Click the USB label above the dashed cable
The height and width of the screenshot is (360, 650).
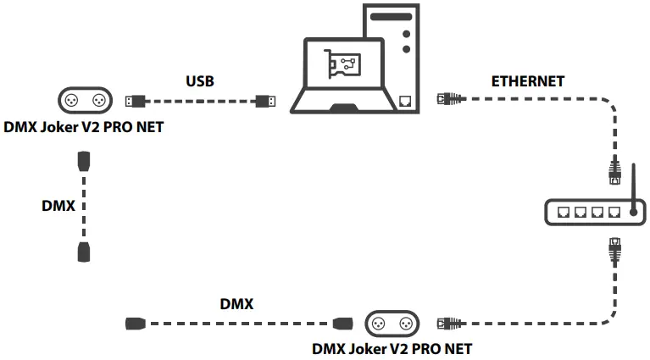tap(200, 82)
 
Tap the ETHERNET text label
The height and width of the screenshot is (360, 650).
tap(528, 81)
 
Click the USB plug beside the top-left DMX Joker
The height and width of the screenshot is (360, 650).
tap(134, 101)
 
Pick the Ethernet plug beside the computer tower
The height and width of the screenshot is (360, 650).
tap(445, 99)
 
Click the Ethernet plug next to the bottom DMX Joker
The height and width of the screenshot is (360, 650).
tap(446, 323)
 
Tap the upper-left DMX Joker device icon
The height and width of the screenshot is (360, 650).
tap(86, 101)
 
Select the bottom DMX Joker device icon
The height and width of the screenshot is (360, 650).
tap(392, 323)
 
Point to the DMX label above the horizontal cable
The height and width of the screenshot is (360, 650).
tap(236, 303)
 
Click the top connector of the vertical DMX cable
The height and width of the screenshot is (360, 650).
tap(84, 161)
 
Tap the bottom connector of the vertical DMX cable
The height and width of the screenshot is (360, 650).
tap(84, 250)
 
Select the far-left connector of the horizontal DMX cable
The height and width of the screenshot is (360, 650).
tap(136, 323)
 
